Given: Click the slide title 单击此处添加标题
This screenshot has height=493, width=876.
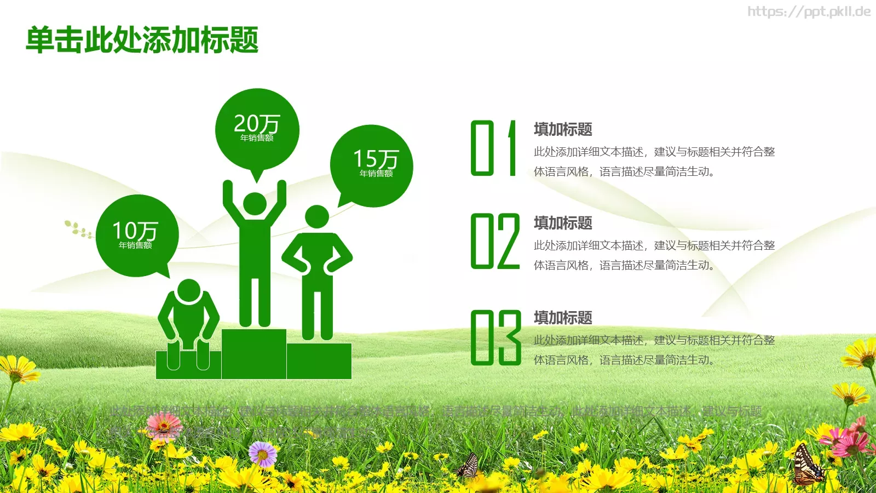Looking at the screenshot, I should point(142,40).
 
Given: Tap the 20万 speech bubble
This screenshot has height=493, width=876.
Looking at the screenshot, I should point(257,129).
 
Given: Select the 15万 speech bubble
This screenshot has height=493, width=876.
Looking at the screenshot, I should point(372,164).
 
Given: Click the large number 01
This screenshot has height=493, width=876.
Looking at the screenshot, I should point(494,148).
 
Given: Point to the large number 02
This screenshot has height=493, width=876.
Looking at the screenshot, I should point(495,242).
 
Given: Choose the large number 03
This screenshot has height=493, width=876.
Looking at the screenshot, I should point(495,337).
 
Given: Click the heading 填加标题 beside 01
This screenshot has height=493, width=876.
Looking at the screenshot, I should point(563,130).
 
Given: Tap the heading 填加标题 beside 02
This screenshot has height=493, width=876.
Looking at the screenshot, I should point(563,223).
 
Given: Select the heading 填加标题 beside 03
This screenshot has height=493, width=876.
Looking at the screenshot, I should point(563,318).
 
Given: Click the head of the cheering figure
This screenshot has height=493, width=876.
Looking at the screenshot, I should point(255,204).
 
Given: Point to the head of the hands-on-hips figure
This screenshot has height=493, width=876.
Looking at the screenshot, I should point(316,217).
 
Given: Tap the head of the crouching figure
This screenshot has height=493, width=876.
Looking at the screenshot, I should point(189,290).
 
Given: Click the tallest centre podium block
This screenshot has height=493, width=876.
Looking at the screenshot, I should point(254,354).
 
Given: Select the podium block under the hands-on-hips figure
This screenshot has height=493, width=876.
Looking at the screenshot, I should point(319,361).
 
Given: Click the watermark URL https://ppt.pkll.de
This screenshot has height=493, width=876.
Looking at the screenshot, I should point(809,12).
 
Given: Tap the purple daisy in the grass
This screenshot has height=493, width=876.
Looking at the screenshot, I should point(263,454).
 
